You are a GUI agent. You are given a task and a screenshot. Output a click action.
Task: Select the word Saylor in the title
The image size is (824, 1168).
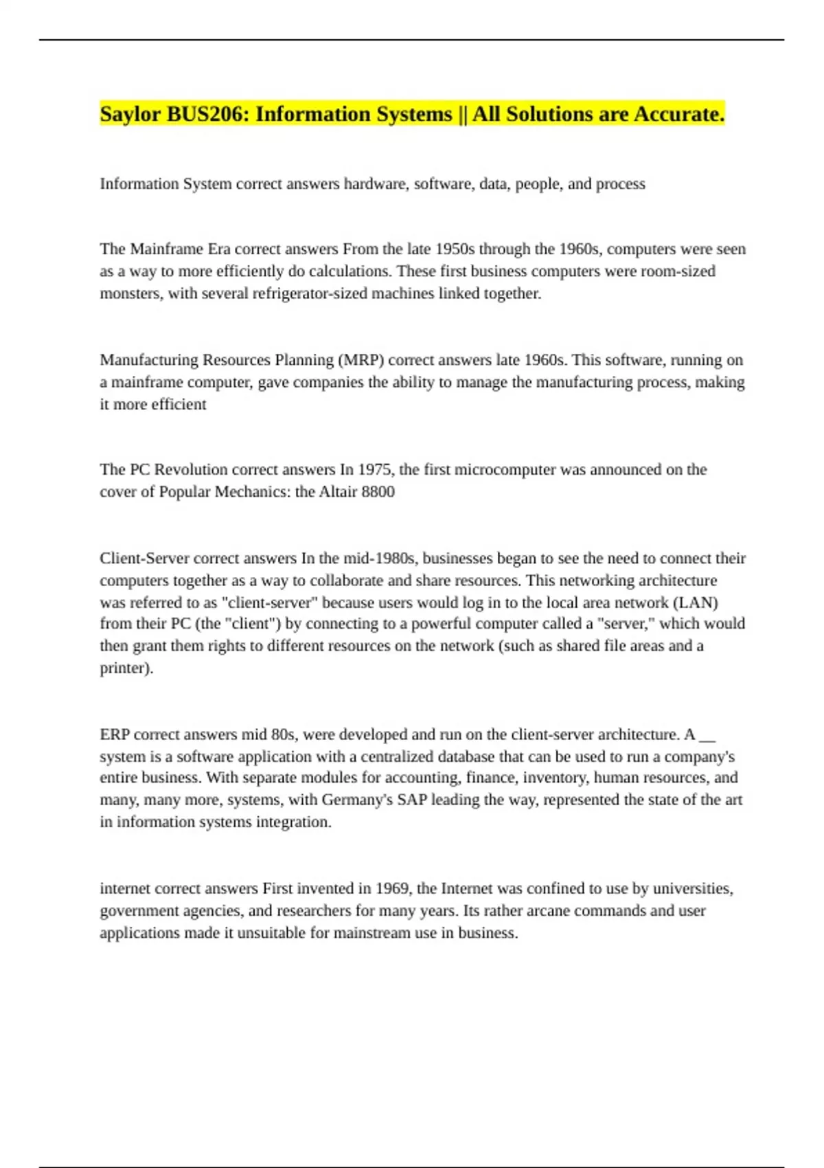point(130,114)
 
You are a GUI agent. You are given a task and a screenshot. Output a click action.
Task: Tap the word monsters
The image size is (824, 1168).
point(130,293)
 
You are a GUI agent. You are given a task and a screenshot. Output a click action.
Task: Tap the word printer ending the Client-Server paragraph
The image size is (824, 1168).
point(124,668)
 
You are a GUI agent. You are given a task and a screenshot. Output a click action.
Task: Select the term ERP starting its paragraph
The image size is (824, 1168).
point(115,734)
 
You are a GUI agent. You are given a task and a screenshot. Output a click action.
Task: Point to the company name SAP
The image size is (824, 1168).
point(412,800)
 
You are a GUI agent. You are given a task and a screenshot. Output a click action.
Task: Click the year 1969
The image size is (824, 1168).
point(392,888)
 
